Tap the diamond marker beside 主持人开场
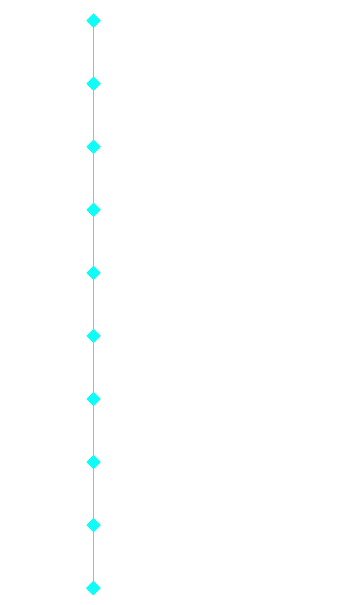(x=93, y=21)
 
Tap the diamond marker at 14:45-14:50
(x=93, y=210)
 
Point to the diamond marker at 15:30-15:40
(x=93, y=399)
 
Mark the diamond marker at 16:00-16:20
(x=93, y=525)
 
